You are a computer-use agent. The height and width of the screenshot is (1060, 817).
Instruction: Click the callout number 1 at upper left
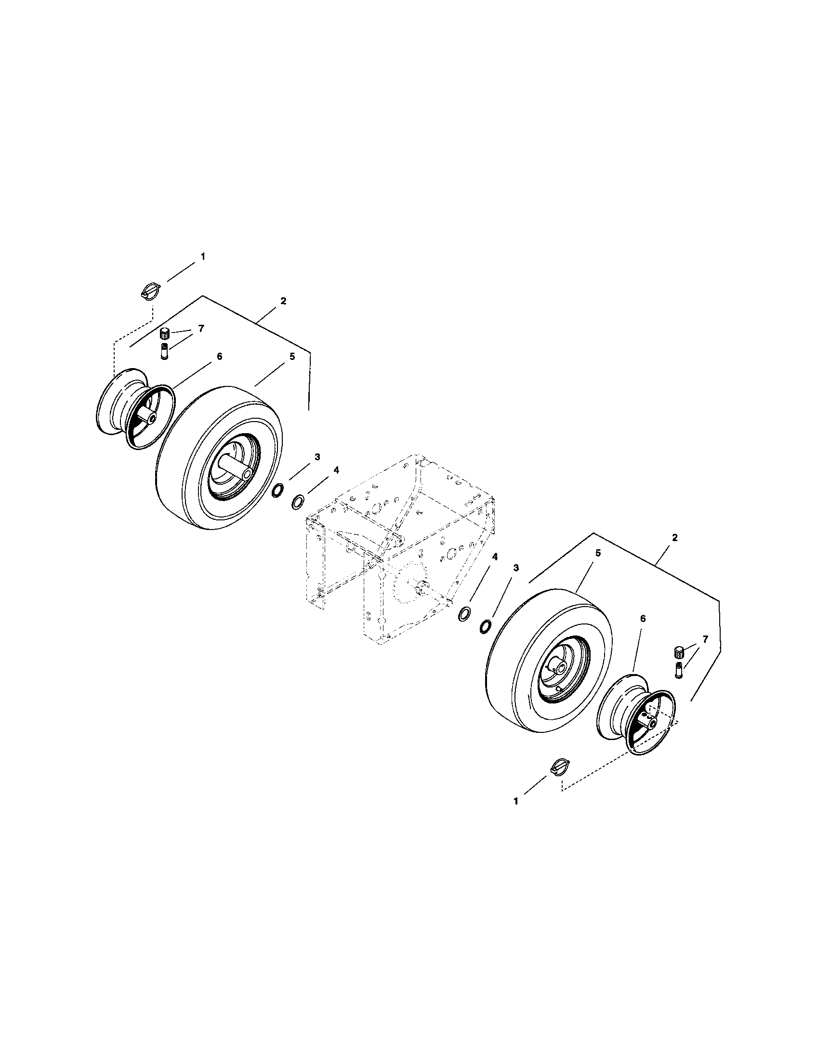(x=203, y=256)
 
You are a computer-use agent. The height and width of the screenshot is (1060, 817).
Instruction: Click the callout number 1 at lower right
(x=516, y=802)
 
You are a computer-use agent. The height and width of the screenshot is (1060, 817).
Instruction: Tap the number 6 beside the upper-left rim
(x=219, y=356)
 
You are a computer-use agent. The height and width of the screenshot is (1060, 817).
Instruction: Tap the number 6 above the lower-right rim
(x=643, y=619)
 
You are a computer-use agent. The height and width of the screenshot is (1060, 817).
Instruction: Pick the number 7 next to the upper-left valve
(x=201, y=329)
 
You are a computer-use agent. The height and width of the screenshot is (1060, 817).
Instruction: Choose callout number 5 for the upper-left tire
(x=291, y=356)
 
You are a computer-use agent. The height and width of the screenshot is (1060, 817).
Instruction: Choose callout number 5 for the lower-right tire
(x=598, y=553)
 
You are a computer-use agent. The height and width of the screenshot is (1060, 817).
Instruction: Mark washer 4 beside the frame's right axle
(x=465, y=614)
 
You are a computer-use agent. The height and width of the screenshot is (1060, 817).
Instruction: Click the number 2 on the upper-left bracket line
(x=283, y=301)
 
